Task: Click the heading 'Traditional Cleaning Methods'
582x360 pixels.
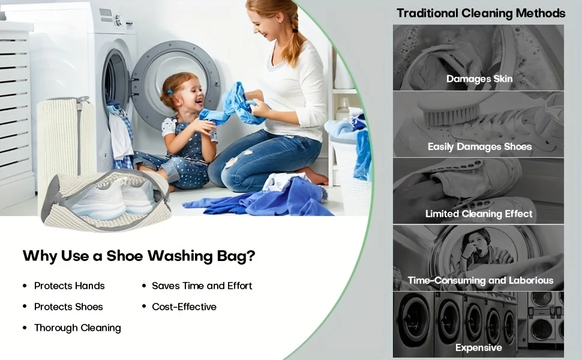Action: tap(481, 13)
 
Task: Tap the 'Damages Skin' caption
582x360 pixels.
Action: tap(479, 79)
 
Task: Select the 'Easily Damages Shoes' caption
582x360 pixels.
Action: tap(479, 146)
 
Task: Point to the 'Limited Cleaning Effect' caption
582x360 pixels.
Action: tap(479, 214)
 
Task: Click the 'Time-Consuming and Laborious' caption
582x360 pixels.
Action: tap(480, 280)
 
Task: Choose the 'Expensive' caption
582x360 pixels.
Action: tap(478, 348)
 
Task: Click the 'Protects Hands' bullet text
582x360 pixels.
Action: tap(70, 286)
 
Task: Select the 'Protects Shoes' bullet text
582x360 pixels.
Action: tap(68, 307)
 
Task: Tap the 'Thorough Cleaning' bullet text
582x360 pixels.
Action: tap(77, 328)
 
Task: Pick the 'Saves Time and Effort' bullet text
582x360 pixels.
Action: tap(202, 286)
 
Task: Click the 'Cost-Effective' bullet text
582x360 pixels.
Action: tap(184, 307)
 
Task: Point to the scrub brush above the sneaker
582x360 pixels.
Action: tap(449, 109)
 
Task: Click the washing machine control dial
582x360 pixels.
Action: tap(118, 20)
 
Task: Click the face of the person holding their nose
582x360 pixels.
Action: tap(473, 245)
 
